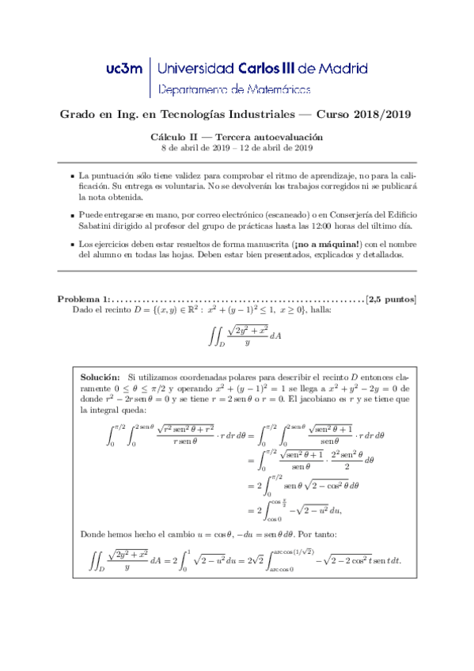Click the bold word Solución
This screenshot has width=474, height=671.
100,379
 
